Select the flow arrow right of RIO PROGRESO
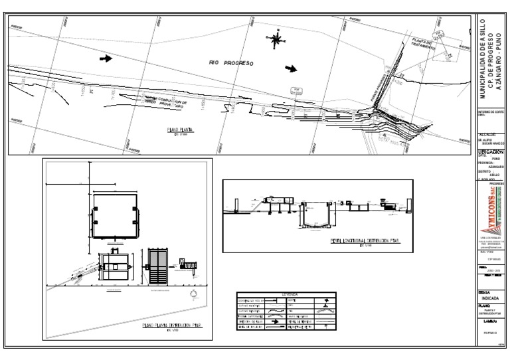pos(291,68)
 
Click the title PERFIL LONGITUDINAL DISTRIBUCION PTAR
pos(318,241)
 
